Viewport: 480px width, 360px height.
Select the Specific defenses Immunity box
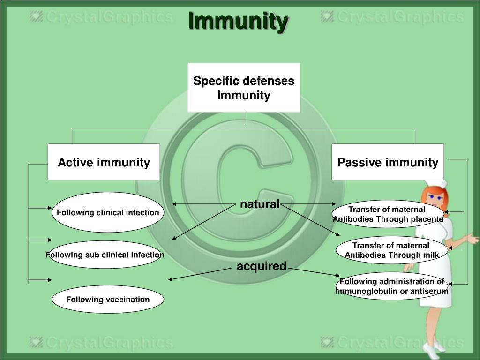click(x=244, y=88)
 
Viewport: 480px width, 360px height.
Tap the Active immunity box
click(x=104, y=162)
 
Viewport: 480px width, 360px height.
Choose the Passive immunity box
click(x=388, y=162)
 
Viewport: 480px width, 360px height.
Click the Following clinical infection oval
click(x=108, y=212)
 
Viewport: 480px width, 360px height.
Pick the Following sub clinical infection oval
click(x=105, y=255)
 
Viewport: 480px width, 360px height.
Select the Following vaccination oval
click(x=108, y=300)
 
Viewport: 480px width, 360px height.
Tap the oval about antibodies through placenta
click(x=388, y=214)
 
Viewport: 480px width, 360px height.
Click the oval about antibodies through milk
click(x=391, y=250)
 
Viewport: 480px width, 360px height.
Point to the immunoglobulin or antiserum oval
click(x=391, y=286)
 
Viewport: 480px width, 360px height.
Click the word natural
click(x=260, y=204)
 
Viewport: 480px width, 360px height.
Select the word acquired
click(x=261, y=266)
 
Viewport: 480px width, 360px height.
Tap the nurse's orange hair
click(x=427, y=197)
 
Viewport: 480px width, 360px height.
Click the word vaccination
click(x=127, y=300)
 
